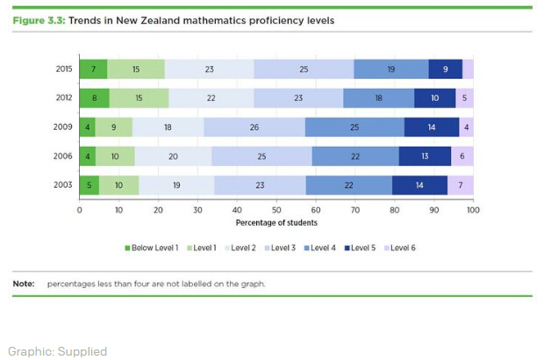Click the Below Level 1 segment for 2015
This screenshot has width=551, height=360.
click(x=93, y=69)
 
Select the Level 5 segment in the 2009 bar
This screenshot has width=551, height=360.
click(x=432, y=126)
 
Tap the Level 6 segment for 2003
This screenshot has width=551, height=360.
click(x=461, y=184)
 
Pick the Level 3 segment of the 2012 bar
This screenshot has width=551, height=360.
click(x=298, y=98)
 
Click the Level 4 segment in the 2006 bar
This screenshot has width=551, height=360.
click(x=355, y=155)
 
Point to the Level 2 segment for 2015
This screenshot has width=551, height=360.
click(x=209, y=69)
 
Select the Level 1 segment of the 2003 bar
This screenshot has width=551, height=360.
click(x=118, y=184)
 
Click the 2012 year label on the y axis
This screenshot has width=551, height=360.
click(x=62, y=98)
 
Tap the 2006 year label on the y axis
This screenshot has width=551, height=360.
click(x=62, y=155)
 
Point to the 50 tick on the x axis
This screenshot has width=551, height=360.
click(x=276, y=210)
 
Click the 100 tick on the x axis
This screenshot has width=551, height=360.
click(x=473, y=210)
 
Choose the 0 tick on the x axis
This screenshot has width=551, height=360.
click(x=79, y=210)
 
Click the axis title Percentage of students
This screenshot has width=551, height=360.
click(x=275, y=222)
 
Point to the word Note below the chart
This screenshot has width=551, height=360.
click(x=23, y=284)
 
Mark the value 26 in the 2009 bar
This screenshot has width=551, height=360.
click(x=254, y=126)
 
